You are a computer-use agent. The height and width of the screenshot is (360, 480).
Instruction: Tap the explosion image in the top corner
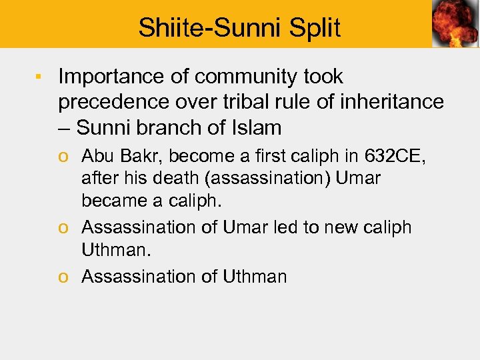455,24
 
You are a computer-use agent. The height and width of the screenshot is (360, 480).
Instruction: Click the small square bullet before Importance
39,77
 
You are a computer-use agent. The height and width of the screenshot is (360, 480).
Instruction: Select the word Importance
109,77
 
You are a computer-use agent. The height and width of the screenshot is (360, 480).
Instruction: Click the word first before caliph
269,157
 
